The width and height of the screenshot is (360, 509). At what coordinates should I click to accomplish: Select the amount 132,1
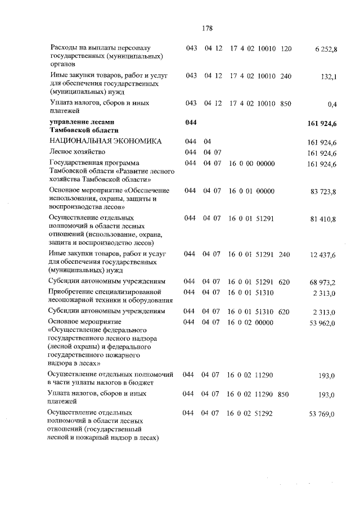328,77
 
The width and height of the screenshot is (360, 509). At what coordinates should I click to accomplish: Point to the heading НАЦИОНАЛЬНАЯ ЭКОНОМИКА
106,142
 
